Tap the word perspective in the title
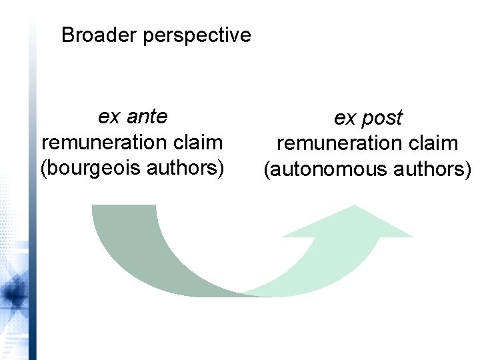[x=197, y=35]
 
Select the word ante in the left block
[x=147, y=117]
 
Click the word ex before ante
[x=108, y=117]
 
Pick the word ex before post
[x=344, y=119]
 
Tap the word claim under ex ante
[x=197, y=142]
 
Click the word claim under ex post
[x=432, y=143]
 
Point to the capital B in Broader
[x=67, y=35]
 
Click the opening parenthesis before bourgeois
[x=44, y=168]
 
